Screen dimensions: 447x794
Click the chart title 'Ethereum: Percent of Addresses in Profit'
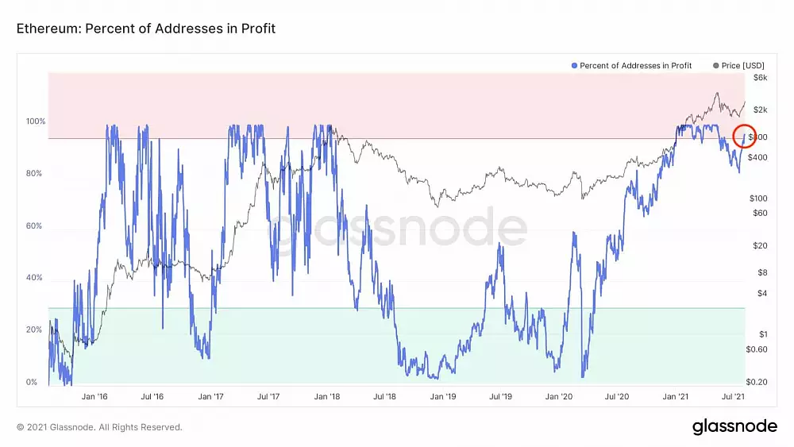click(x=145, y=29)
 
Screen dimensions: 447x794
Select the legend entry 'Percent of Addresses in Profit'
click(x=631, y=65)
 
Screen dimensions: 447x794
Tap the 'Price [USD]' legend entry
click(x=742, y=65)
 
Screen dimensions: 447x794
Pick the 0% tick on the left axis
click(x=33, y=382)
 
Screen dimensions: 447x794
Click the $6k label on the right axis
click(x=760, y=78)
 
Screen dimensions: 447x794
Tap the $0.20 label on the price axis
click(x=757, y=382)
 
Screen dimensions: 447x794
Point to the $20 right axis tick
click(x=760, y=245)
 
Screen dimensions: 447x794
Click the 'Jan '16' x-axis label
click(x=94, y=395)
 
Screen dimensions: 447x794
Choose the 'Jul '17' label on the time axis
click(x=268, y=395)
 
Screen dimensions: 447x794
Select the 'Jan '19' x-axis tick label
click(x=443, y=395)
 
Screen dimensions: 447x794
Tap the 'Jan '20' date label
click(x=559, y=395)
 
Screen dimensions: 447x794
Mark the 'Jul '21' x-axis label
click(x=733, y=395)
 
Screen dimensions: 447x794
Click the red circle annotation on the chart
click(x=745, y=136)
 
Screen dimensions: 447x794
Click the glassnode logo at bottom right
click(x=734, y=426)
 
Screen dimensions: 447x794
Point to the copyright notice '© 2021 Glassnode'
click(x=99, y=427)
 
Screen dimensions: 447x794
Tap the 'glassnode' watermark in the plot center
click(x=397, y=230)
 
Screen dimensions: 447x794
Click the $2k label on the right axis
click(x=760, y=110)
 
